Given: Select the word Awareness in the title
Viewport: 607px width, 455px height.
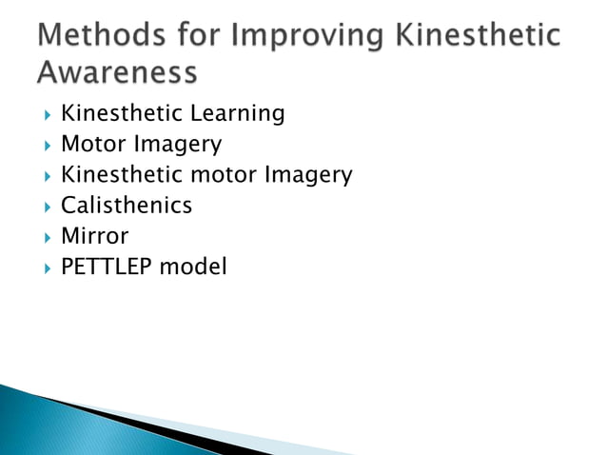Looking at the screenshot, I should [x=119, y=71].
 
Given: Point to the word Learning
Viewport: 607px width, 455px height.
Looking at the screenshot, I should [x=238, y=114].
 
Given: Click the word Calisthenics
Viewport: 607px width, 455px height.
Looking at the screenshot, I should [x=127, y=206].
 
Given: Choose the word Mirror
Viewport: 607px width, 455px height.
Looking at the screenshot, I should [x=94, y=236].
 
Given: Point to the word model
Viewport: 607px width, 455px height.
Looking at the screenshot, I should [x=193, y=267].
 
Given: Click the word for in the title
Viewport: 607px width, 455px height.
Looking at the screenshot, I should [x=201, y=36].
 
